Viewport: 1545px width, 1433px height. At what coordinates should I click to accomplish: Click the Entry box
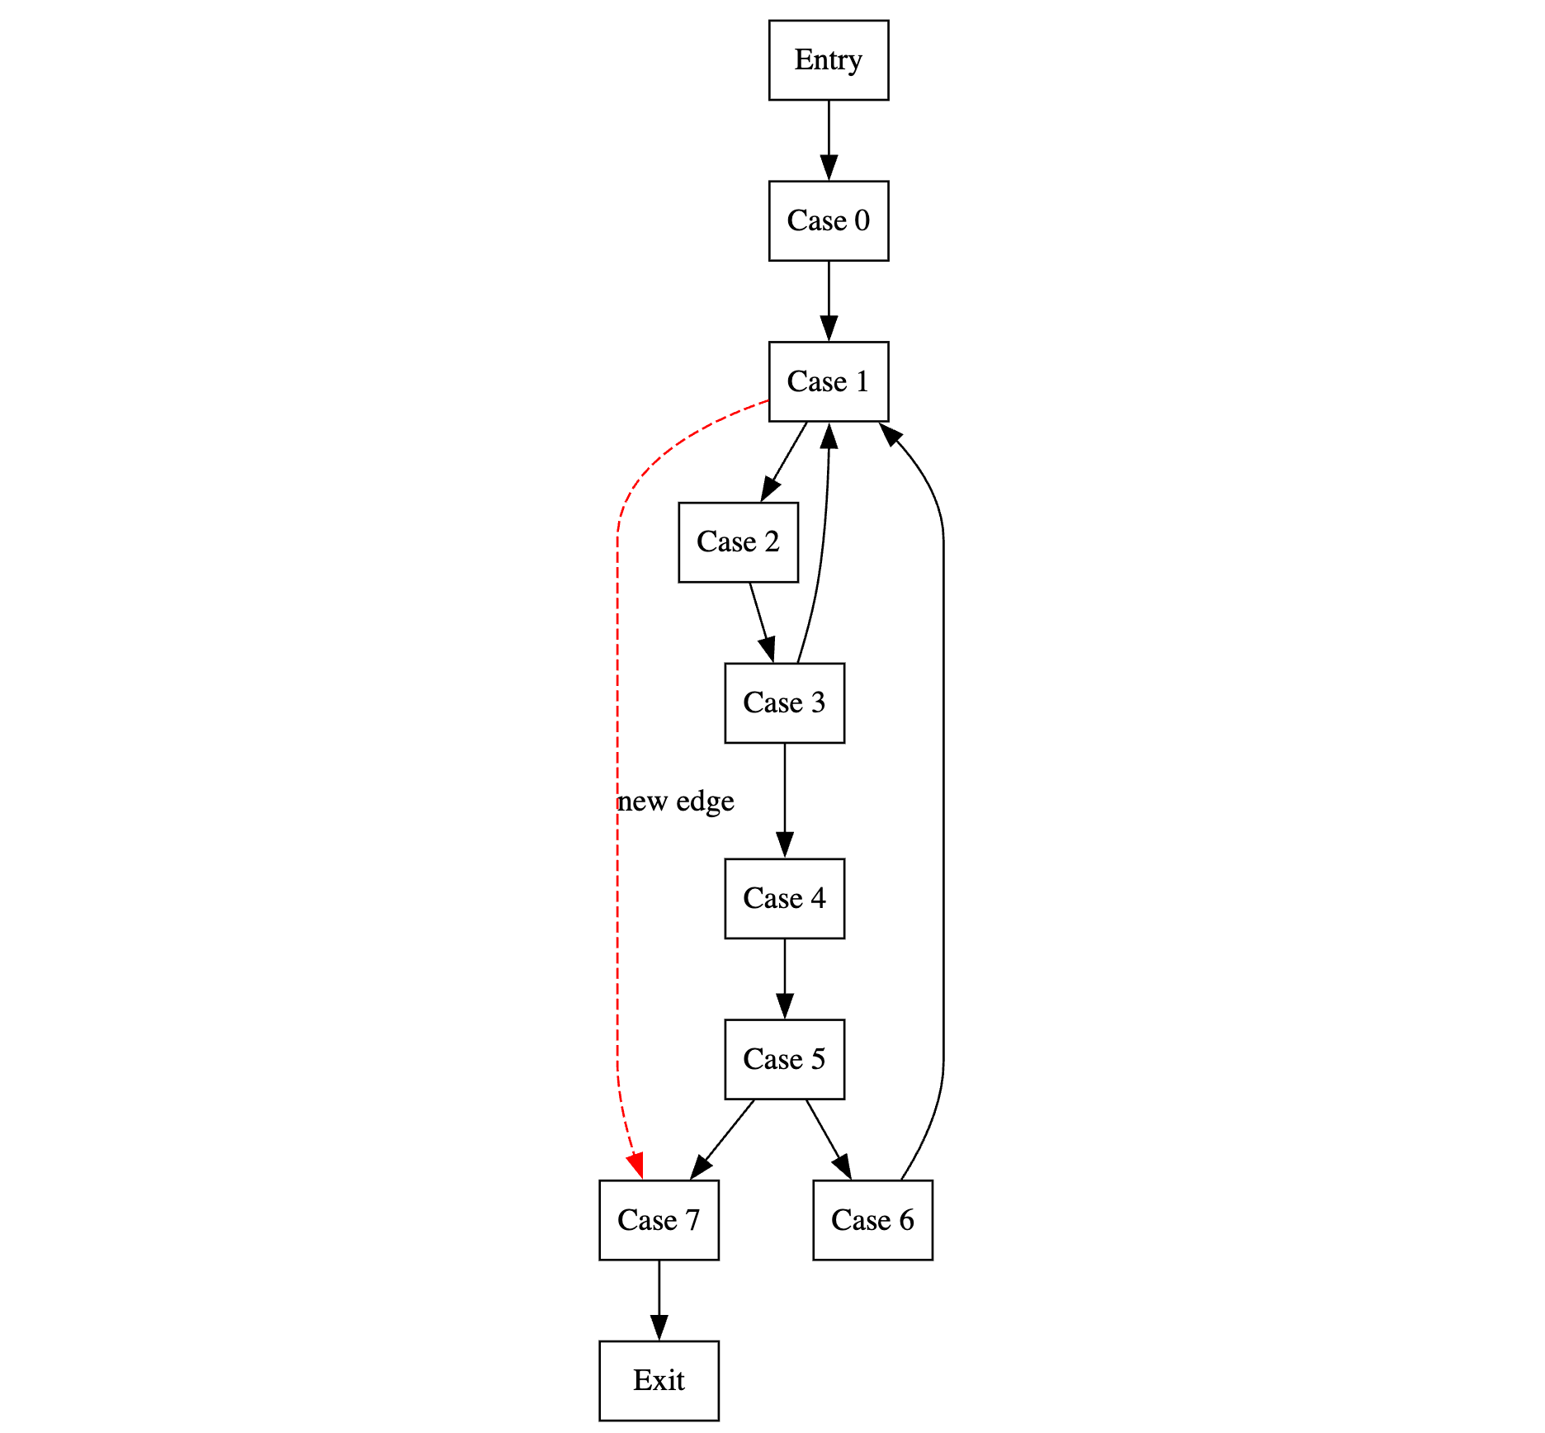pyautogui.click(x=828, y=60)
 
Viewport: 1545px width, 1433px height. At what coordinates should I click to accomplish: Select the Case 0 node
pyautogui.click(x=828, y=220)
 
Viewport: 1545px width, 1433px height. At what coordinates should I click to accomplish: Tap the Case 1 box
pyautogui.click(x=828, y=381)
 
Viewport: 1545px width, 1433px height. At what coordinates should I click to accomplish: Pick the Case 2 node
pyautogui.click(x=738, y=542)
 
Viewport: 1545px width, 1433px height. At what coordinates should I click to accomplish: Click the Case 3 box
pyautogui.click(x=784, y=702)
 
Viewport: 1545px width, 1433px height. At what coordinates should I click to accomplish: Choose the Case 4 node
pyautogui.click(x=784, y=898)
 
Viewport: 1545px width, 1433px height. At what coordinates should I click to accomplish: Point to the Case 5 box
pyautogui.click(x=784, y=1059)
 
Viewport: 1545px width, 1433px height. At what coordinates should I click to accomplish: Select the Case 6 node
pyautogui.click(x=872, y=1220)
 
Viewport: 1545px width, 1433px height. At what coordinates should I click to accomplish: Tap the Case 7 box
pyautogui.click(x=659, y=1220)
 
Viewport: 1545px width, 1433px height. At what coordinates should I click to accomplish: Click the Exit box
pyautogui.click(x=659, y=1380)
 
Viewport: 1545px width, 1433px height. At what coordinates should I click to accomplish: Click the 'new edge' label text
pyautogui.click(x=676, y=801)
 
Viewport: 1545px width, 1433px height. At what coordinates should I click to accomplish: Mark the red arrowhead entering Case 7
pyautogui.click(x=635, y=1166)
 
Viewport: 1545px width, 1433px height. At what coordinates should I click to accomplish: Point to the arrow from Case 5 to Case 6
pyautogui.click(x=827, y=1137)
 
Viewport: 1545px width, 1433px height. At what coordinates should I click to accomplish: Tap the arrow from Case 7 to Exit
pyautogui.click(x=659, y=1298)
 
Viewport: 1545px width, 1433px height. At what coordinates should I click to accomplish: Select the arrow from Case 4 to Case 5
pyautogui.click(x=785, y=977)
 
